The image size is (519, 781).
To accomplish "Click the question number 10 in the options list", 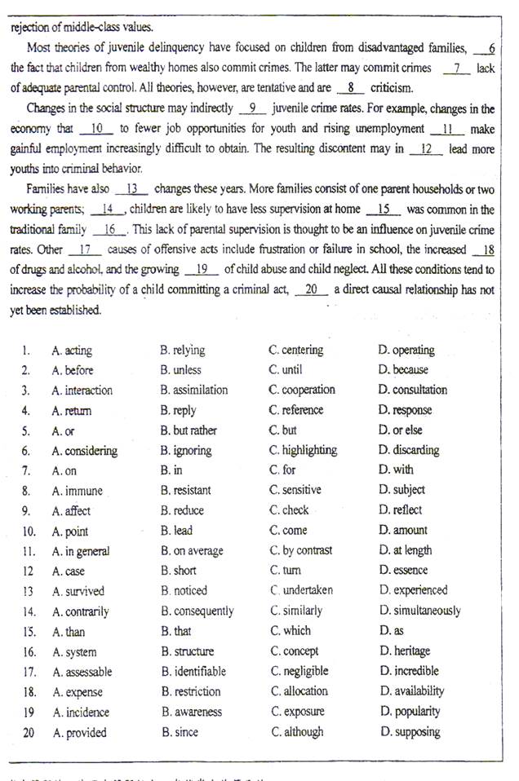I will [28, 531].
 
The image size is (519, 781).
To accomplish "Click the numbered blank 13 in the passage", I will [132, 189].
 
